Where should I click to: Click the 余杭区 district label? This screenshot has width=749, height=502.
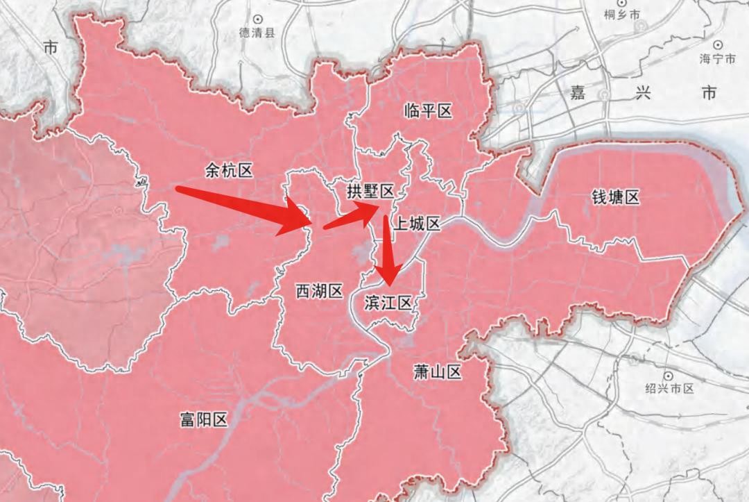pyautogui.click(x=229, y=170)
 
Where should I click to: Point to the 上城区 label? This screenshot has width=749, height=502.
pyautogui.click(x=416, y=224)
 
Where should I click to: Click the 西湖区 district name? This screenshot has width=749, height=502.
pyautogui.click(x=320, y=292)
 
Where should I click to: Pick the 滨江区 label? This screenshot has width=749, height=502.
pyautogui.click(x=388, y=302)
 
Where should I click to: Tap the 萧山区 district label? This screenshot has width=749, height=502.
pyautogui.click(x=437, y=373)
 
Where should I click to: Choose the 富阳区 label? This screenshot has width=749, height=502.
pyautogui.click(x=203, y=419)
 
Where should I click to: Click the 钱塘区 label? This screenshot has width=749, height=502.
pyautogui.click(x=615, y=198)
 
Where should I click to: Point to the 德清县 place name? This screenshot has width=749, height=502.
pyautogui.click(x=257, y=32)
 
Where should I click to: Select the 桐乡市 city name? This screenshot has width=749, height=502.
pyautogui.click(x=621, y=14)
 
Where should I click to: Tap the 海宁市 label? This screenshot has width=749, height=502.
pyautogui.click(x=717, y=59)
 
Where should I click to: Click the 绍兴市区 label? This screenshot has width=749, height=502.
pyautogui.click(x=669, y=389)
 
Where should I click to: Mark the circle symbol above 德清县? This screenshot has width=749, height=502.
pyautogui.click(x=258, y=18)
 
